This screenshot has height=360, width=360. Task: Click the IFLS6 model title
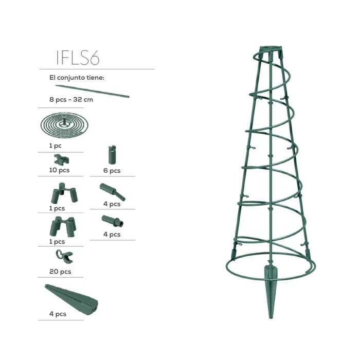tap(78, 58)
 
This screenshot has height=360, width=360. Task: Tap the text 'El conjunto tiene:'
tap(77, 78)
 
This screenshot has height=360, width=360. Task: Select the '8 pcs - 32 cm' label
tap(71, 100)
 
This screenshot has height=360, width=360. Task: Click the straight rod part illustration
tap(92, 91)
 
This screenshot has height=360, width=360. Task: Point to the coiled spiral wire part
tap(64, 125)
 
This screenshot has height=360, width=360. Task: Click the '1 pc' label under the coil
tap(56, 146)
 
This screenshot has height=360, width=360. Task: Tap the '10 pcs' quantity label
tap(59, 170)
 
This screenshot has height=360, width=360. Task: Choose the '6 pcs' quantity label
tap(112, 171)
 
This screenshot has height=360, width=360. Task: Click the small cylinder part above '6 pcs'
tap(112, 155)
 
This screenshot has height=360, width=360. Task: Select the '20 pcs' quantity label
tap(60, 272)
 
